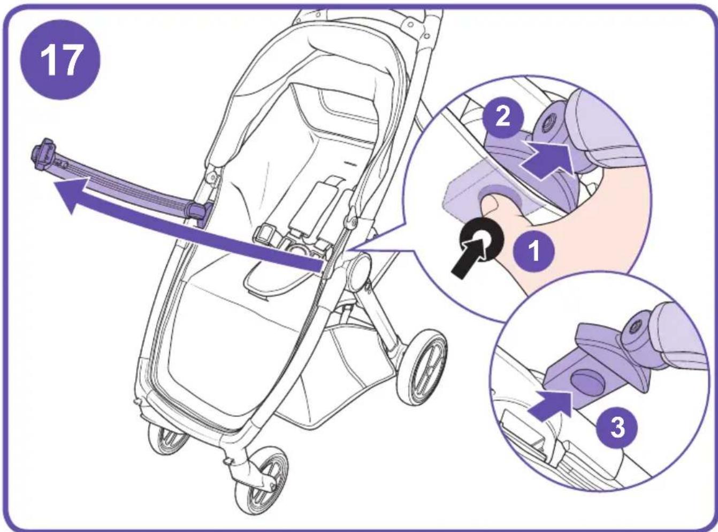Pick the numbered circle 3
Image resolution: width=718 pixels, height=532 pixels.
[617, 428]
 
